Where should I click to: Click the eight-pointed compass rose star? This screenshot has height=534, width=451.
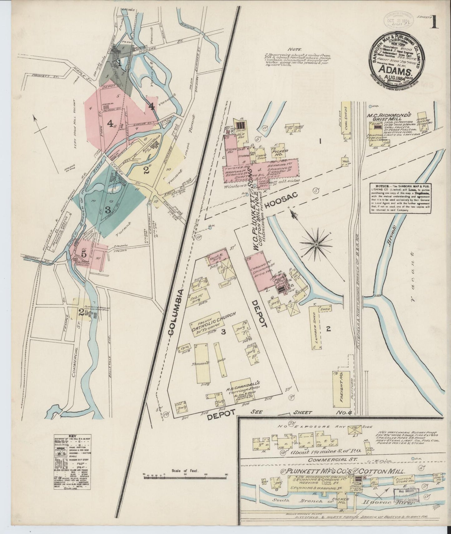pos(316,245)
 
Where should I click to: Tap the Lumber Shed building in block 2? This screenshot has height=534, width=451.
pos(317,327)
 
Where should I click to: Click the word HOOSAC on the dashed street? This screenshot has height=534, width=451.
pos(280,200)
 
